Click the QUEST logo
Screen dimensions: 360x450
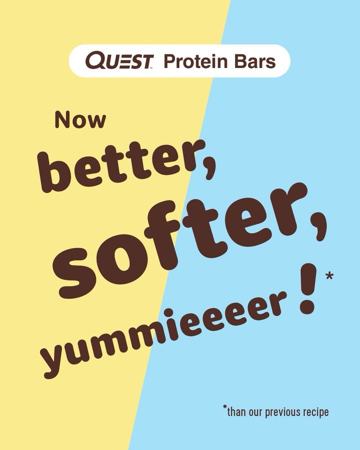coord(119,60)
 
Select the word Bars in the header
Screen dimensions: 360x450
coord(255,61)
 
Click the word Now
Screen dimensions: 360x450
coord(80,119)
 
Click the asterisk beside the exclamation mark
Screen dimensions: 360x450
coord(329,276)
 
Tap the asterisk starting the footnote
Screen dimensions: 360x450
coord(225,406)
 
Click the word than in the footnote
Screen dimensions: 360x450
coord(237,412)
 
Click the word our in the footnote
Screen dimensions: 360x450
coord(255,413)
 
